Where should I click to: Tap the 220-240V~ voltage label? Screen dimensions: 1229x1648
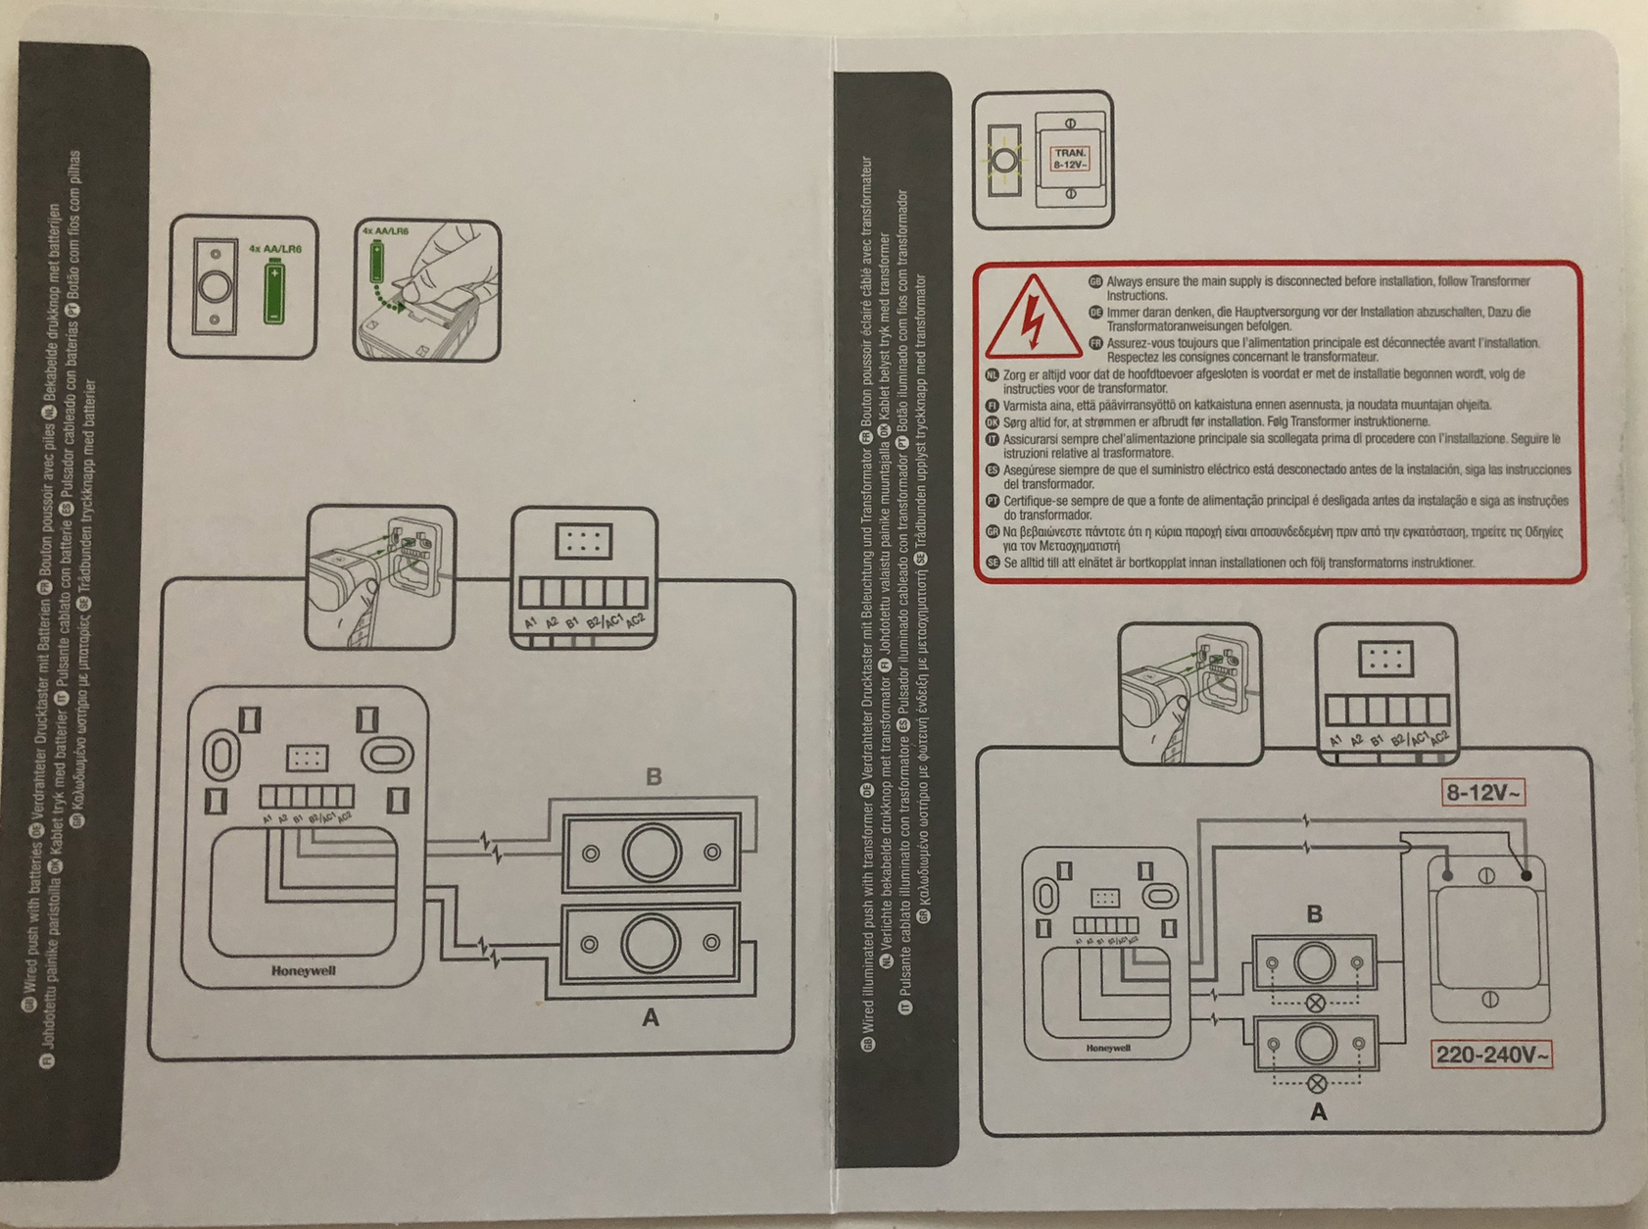tap(1491, 1055)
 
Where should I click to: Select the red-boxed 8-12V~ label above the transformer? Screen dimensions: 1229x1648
tap(1483, 793)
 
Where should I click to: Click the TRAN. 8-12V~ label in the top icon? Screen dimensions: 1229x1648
tap(1070, 159)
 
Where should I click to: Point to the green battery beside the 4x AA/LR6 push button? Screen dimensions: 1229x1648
tap(274, 293)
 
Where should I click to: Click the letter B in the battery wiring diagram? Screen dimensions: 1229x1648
tap(654, 777)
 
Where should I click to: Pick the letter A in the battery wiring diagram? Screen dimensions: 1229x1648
tap(651, 1018)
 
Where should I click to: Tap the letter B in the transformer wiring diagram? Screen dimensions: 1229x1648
tap(1315, 914)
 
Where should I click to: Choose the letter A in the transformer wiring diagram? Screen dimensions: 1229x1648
tap(1319, 1112)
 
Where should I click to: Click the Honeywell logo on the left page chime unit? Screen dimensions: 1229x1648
tap(303, 971)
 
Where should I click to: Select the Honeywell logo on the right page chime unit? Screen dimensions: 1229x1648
tap(1107, 1048)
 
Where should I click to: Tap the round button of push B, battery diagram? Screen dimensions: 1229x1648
tap(652, 853)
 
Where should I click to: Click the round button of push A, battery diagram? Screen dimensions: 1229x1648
tap(650, 944)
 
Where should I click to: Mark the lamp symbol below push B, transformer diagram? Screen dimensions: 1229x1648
tap(1316, 1003)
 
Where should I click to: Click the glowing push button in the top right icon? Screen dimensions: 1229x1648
tap(1004, 160)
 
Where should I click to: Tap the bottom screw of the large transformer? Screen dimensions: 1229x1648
tap(1489, 1000)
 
